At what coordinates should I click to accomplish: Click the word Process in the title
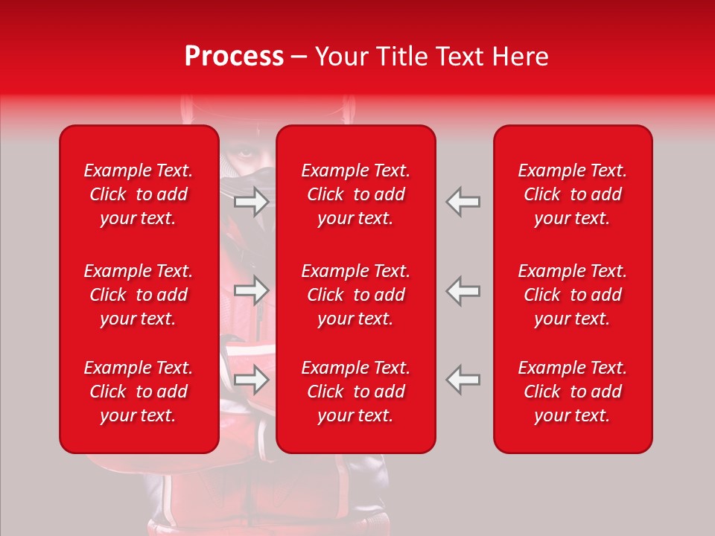coord(234,57)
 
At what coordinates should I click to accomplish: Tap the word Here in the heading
coord(521,57)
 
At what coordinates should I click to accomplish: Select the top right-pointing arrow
coord(251,202)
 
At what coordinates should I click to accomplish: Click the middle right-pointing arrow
coord(251,290)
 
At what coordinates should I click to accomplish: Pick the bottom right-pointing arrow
coord(251,379)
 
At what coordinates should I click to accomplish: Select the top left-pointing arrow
coord(463,202)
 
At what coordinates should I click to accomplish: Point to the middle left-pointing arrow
coord(463,290)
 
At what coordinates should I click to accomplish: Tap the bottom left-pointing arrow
coord(463,379)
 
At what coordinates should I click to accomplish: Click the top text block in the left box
coord(139,194)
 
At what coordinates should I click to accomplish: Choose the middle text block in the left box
coord(139,295)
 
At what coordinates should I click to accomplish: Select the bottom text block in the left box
coord(139,392)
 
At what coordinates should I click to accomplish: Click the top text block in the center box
coord(356,194)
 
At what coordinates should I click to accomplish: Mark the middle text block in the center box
coord(356,295)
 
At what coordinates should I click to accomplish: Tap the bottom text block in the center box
coord(356,392)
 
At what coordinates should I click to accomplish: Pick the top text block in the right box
coord(573,194)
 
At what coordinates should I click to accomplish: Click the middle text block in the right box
coord(573,295)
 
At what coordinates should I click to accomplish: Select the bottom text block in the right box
coord(573,392)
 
